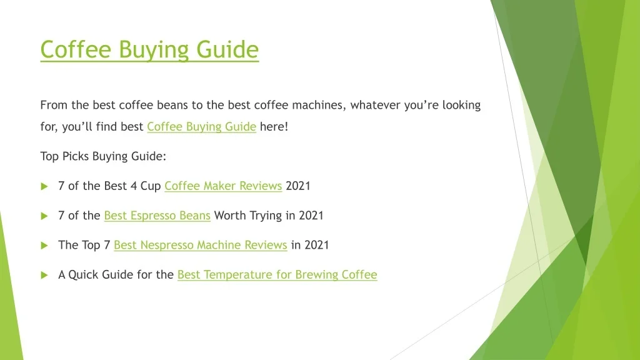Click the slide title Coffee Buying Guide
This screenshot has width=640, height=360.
[149, 50]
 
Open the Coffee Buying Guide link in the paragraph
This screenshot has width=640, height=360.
[202, 127]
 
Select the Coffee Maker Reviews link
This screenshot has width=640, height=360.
[223, 186]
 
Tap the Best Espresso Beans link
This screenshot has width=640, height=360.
[157, 216]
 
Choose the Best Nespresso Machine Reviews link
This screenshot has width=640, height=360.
[201, 245]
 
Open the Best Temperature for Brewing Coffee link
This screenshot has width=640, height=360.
[277, 275]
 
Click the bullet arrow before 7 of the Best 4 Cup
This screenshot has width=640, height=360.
[44, 186]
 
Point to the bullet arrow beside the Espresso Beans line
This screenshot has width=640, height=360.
[44, 216]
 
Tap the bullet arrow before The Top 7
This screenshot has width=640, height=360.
[44, 246]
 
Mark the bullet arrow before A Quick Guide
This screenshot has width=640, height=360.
[44, 275]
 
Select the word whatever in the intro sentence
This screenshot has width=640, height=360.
[376, 105]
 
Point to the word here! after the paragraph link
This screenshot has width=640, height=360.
[274, 126]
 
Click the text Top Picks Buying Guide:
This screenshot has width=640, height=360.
[103, 156]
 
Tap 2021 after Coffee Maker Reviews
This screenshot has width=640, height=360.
[298, 186]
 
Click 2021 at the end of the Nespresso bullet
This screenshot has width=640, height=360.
[317, 245]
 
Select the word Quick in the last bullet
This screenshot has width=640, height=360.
[83, 275]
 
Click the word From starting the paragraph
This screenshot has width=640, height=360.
[54, 105]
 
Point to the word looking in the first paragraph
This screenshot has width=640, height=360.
[462, 105]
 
